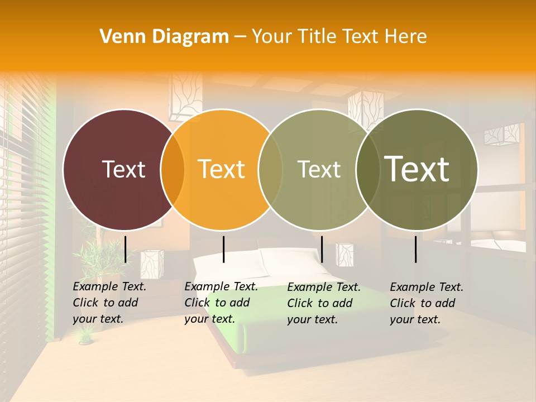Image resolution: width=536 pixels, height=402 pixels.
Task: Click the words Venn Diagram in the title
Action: pyautogui.click(x=164, y=37)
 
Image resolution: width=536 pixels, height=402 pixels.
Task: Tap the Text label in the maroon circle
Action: pyautogui.click(x=124, y=169)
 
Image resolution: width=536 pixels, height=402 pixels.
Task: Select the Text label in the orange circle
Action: pyautogui.click(x=222, y=169)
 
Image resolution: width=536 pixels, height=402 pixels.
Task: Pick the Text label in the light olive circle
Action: pyautogui.click(x=319, y=169)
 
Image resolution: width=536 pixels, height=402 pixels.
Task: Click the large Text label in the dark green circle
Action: pyautogui.click(x=417, y=169)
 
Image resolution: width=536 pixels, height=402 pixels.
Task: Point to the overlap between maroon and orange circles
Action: pyautogui.click(x=173, y=170)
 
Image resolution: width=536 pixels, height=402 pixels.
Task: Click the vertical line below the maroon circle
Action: pyautogui.click(x=125, y=249)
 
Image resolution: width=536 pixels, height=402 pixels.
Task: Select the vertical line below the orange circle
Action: pyautogui.click(x=223, y=249)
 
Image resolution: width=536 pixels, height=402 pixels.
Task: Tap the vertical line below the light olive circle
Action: pyautogui.click(x=322, y=249)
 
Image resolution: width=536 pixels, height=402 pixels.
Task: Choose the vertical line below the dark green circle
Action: pyautogui.click(x=416, y=249)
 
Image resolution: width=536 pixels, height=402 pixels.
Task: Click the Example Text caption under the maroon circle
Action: pyautogui.click(x=109, y=303)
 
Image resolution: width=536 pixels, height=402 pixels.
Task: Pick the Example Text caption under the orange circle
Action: pyautogui.click(x=221, y=303)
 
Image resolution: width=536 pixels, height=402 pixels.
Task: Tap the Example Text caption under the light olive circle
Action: pyautogui.click(x=323, y=303)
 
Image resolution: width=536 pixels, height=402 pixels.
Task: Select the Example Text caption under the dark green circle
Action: pyautogui.click(x=426, y=303)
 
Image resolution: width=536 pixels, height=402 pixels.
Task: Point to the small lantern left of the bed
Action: pyautogui.click(x=151, y=264)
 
